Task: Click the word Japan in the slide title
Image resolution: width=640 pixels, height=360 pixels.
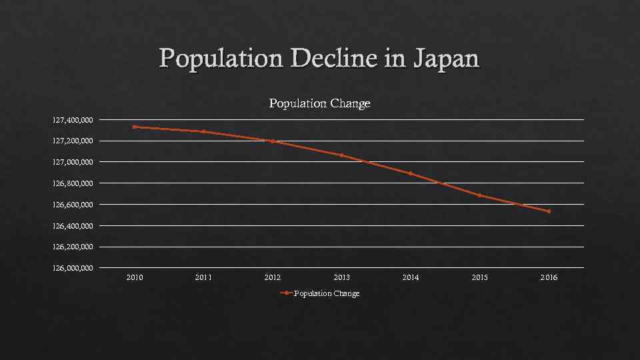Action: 446,59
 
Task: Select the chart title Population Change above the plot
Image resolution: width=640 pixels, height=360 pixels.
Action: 319,103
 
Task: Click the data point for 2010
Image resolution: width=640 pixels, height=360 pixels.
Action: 135,127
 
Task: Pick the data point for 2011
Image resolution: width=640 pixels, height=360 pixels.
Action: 203,131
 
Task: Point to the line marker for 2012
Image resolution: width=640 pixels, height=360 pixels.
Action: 273,141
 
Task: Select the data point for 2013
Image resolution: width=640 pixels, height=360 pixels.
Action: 341,155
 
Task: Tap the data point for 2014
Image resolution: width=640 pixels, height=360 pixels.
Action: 411,173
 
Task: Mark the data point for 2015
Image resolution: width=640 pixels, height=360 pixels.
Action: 479,195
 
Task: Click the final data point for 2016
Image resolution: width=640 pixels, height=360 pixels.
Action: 549,211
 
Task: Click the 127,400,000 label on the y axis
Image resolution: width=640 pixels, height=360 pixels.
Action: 74,120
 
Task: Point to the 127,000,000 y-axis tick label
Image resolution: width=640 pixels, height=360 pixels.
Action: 74,162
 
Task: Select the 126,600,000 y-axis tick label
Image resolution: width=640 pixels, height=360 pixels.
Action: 74,205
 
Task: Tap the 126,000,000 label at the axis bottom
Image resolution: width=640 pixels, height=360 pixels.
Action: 74,268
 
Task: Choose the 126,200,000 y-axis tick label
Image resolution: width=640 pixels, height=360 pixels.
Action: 74,247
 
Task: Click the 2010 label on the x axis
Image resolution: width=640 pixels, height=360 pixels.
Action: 135,277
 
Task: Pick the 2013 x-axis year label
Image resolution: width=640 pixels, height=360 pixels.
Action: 341,277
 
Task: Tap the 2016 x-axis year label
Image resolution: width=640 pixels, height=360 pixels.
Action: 549,277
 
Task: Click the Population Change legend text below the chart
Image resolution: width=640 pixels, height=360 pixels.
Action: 327,293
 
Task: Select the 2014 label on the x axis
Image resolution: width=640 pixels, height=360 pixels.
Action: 411,277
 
